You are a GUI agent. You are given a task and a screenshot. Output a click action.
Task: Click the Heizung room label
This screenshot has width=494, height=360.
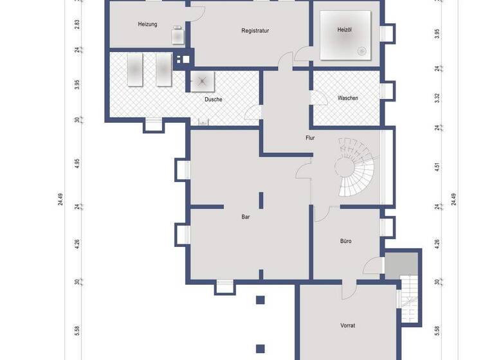tap(148, 24)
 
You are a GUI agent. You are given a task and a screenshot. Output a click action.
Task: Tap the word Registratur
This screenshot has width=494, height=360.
tap(255, 31)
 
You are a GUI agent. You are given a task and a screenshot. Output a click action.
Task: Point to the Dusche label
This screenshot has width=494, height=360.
tap(214, 100)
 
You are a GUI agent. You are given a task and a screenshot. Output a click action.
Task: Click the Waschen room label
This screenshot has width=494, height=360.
tap(348, 98)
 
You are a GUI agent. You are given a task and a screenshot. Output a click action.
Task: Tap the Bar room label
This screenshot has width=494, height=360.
tap(246, 217)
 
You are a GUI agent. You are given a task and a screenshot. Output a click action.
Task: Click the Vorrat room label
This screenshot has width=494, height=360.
tap(348, 325)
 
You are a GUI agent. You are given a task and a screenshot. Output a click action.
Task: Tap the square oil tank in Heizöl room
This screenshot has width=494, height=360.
tap(346, 36)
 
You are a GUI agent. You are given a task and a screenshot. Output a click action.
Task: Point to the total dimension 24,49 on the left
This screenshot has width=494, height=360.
tap(60, 200)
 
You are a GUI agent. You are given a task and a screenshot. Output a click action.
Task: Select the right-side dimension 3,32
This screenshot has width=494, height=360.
tap(437, 98)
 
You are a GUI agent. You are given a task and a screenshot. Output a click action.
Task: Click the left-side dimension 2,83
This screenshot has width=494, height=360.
tap(77, 24)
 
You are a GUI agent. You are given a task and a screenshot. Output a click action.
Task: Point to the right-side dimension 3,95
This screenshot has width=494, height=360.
tap(437, 34)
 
